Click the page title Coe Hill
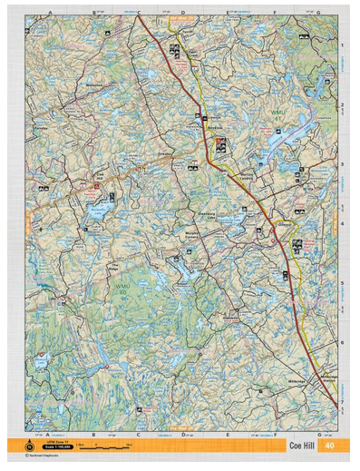tap(304, 445)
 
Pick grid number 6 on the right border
tap(342, 341)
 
